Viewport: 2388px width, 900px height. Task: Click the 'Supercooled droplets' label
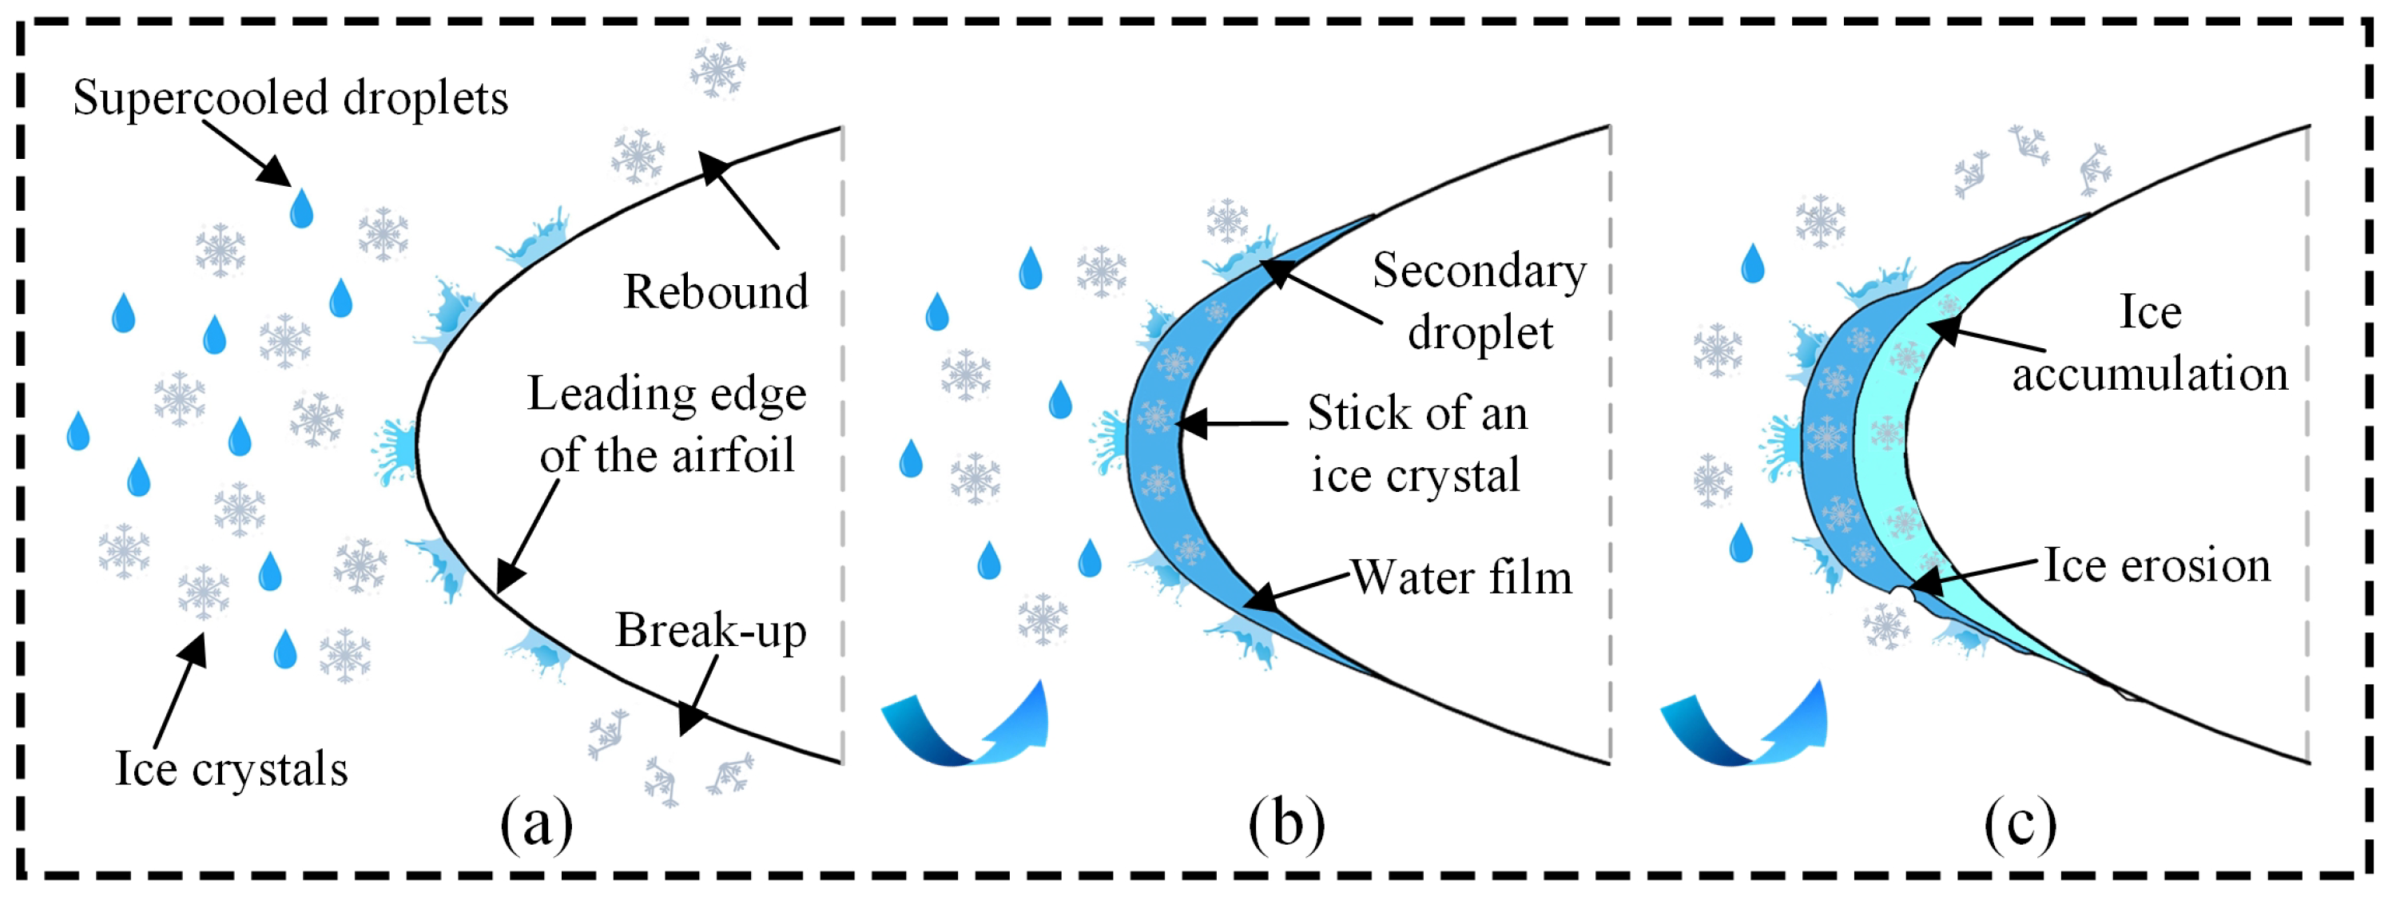click(x=290, y=98)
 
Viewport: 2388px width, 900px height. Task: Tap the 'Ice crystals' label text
click(x=231, y=769)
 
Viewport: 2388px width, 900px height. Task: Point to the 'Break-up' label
click(x=711, y=631)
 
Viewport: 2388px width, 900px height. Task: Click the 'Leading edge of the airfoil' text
click(x=666, y=425)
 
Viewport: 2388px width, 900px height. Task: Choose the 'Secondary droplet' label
click(x=1480, y=301)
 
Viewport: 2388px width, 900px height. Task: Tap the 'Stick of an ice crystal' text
click(x=1417, y=444)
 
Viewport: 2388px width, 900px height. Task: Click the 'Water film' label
click(x=1461, y=577)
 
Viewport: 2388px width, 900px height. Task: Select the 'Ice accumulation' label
click(x=2150, y=343)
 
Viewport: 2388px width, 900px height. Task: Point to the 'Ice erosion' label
click(x=2157, y=565)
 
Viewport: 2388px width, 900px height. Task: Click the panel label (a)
click(x=537, y=823)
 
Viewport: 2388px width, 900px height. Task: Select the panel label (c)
click(x=2021, y=823)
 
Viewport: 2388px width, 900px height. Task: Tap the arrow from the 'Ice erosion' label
click(x=1974, y=573)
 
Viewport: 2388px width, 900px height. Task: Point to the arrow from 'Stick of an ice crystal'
click(x=1231, y=423)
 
